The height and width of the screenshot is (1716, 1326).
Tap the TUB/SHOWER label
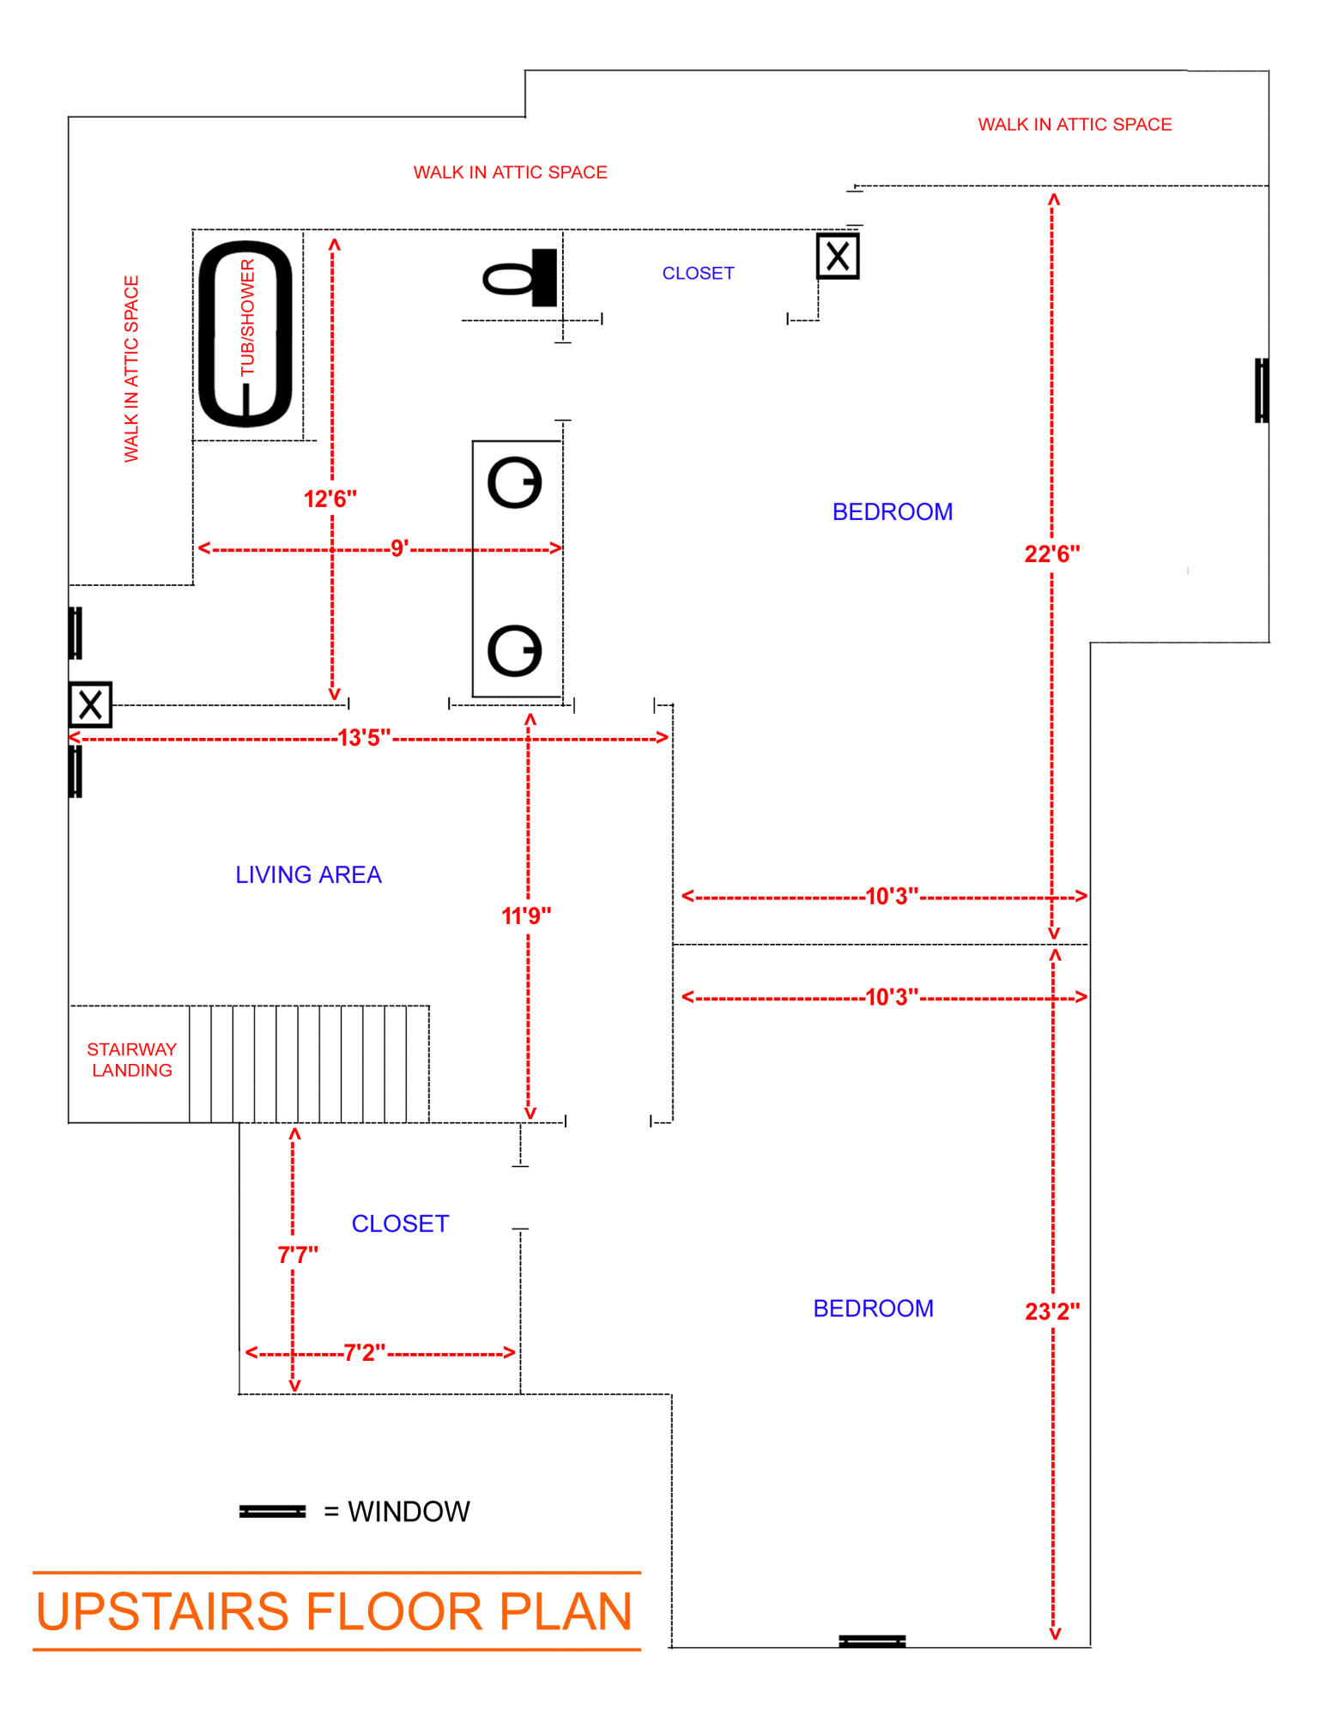click(247, 317)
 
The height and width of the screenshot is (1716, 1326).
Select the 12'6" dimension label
click(330, 498)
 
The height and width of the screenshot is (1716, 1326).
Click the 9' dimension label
click(398, 548)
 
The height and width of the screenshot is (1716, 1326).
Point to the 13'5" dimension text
click(364, 738)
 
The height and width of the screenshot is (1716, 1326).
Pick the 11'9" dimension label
click(526, 915)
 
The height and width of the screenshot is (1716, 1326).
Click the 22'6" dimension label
click(1051, 554)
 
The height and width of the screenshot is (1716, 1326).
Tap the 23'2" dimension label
click(1052, 1312)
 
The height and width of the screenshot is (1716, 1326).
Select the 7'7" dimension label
click(297, 1254)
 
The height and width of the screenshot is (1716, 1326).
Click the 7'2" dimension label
click(364, 1353)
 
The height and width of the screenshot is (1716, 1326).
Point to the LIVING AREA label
click(308, 874)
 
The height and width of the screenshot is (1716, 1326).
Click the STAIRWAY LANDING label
click(131, 1060)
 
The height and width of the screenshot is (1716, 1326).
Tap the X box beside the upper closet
click(838, 256)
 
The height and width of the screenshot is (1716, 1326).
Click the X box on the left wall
click(90, 705)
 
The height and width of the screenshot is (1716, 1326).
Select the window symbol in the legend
click(272, 1511)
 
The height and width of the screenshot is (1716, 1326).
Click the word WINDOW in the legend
click(409, 1511)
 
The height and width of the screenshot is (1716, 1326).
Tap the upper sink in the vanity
click(515, 482)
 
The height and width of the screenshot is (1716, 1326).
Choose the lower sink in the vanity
click(515, 650)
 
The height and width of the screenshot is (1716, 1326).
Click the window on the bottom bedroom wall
click(872, 1641)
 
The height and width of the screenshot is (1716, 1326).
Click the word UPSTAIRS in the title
click(162, 1611)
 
